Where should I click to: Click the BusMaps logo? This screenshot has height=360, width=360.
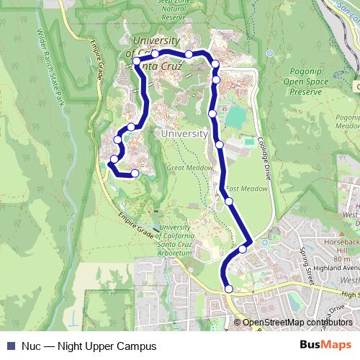tap(326, 345)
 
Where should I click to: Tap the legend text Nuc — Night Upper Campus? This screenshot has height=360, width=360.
tap(89, 346)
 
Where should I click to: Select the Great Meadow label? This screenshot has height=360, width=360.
tap(189, 167)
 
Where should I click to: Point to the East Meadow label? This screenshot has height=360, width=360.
tap(247, 189)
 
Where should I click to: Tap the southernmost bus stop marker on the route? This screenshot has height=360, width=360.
tap(229, 289)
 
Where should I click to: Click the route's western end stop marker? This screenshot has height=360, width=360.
tap(135, 173)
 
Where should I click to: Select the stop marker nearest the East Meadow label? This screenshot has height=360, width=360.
tap(229, 201)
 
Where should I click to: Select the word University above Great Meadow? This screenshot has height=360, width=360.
tap(184, 134)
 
